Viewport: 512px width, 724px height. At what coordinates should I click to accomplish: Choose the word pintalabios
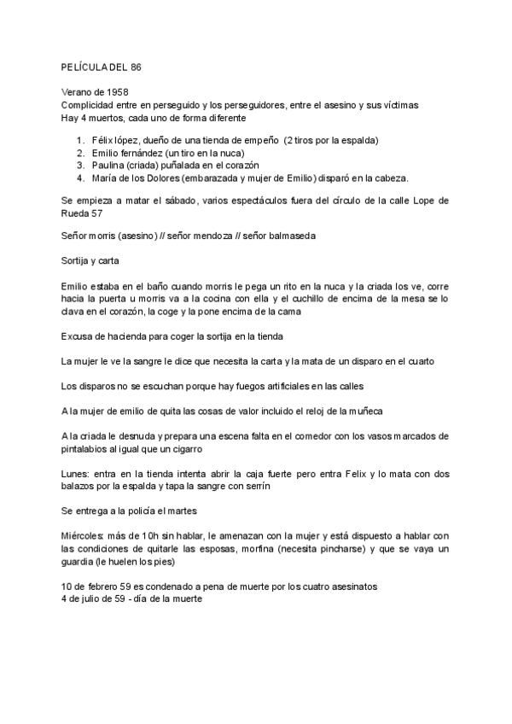[89, 448]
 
